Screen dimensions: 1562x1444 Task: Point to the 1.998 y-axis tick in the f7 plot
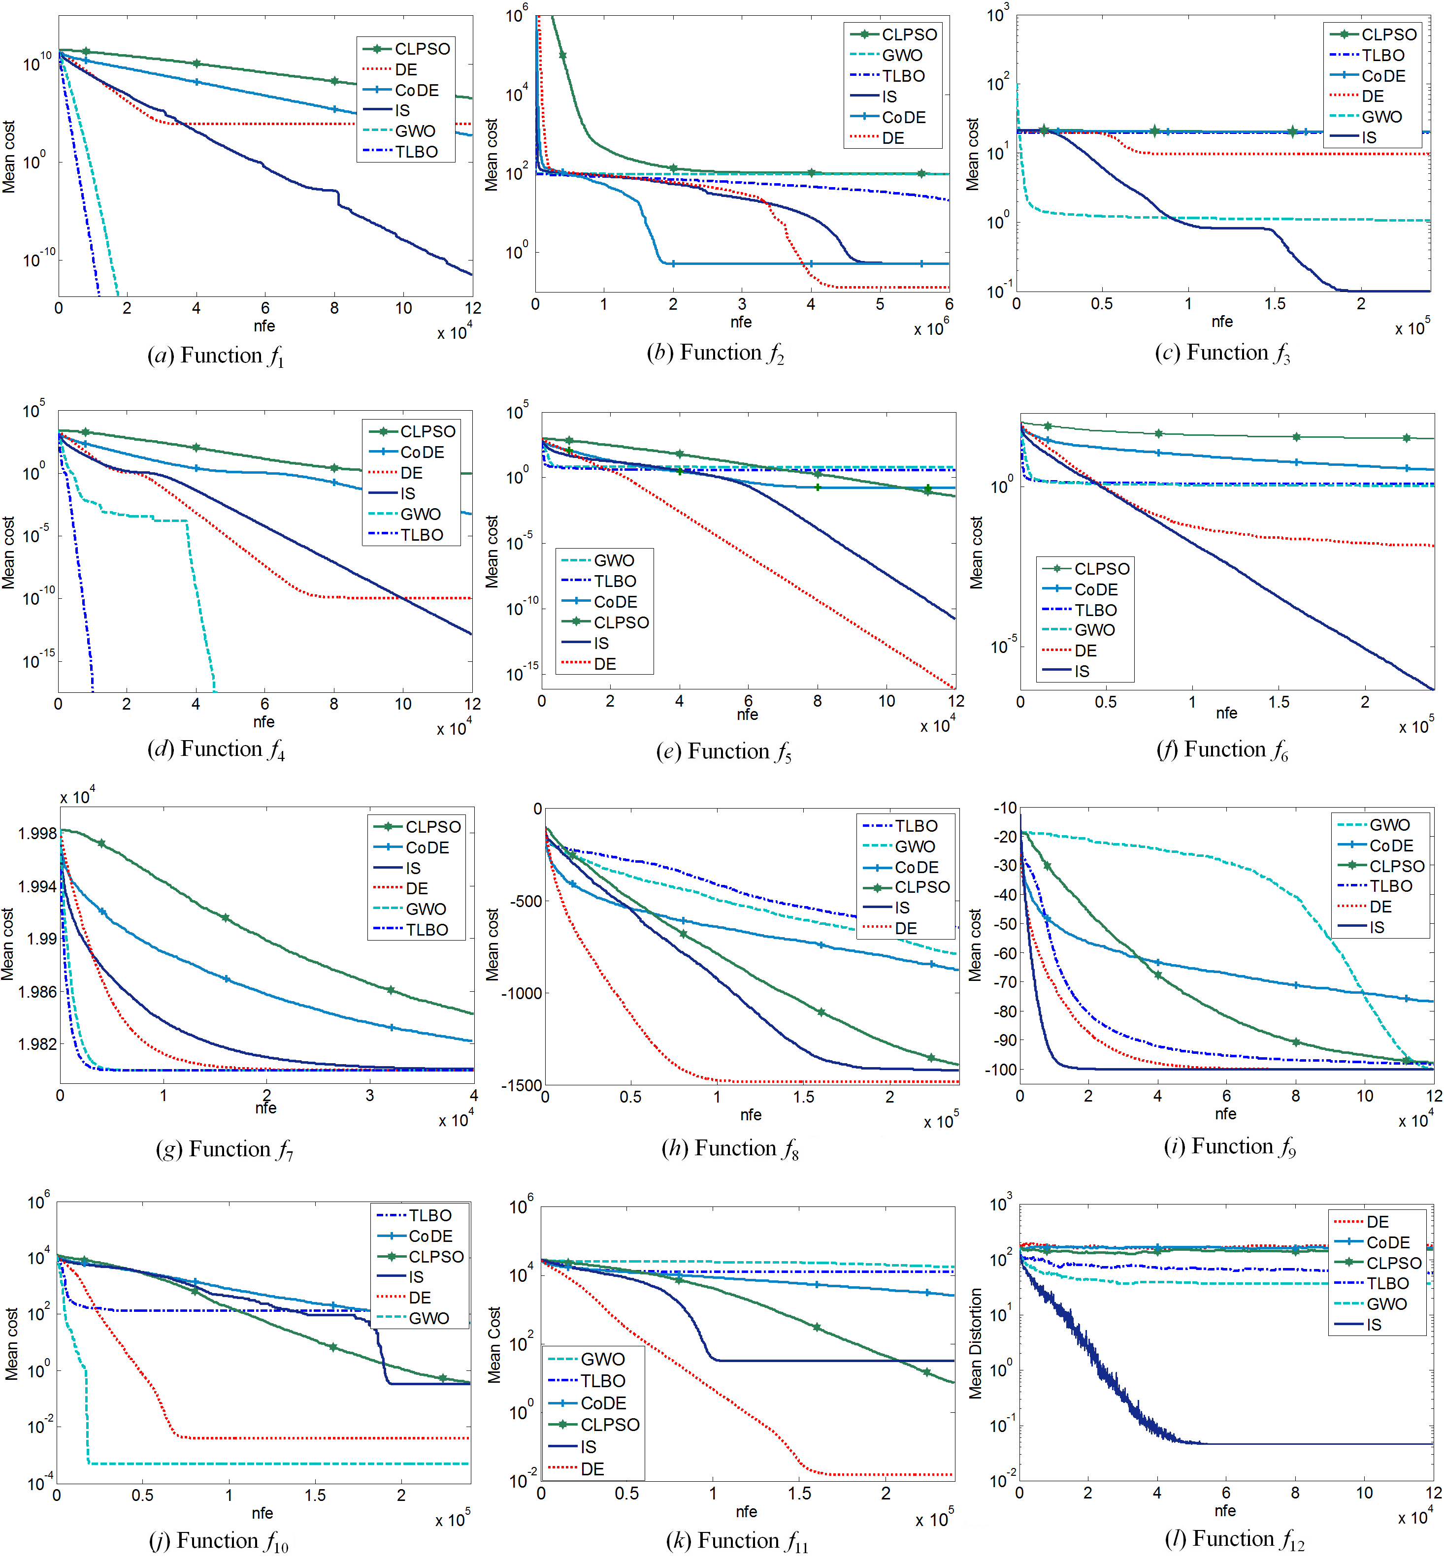[37, 834]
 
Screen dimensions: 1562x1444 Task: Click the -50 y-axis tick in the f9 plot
[1004, 924]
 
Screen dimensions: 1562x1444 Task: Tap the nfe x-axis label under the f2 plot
[741, 322]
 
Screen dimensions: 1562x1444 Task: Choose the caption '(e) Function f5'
[723, 751]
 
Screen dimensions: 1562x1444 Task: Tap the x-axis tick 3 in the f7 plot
[369, 1096]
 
